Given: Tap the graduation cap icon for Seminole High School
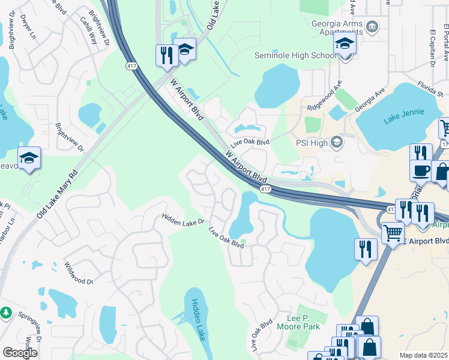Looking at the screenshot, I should click(345, 44).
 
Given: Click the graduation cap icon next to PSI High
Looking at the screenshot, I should click(337, 142).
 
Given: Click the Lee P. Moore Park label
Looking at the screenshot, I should click(298, 323).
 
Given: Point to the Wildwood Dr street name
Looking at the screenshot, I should click(79, 273).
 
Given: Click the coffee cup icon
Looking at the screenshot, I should click(421, 171).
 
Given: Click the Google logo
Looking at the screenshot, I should click(20, 353).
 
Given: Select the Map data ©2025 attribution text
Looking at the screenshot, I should click(423, 355).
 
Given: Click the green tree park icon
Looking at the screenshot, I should click(5, 313).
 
